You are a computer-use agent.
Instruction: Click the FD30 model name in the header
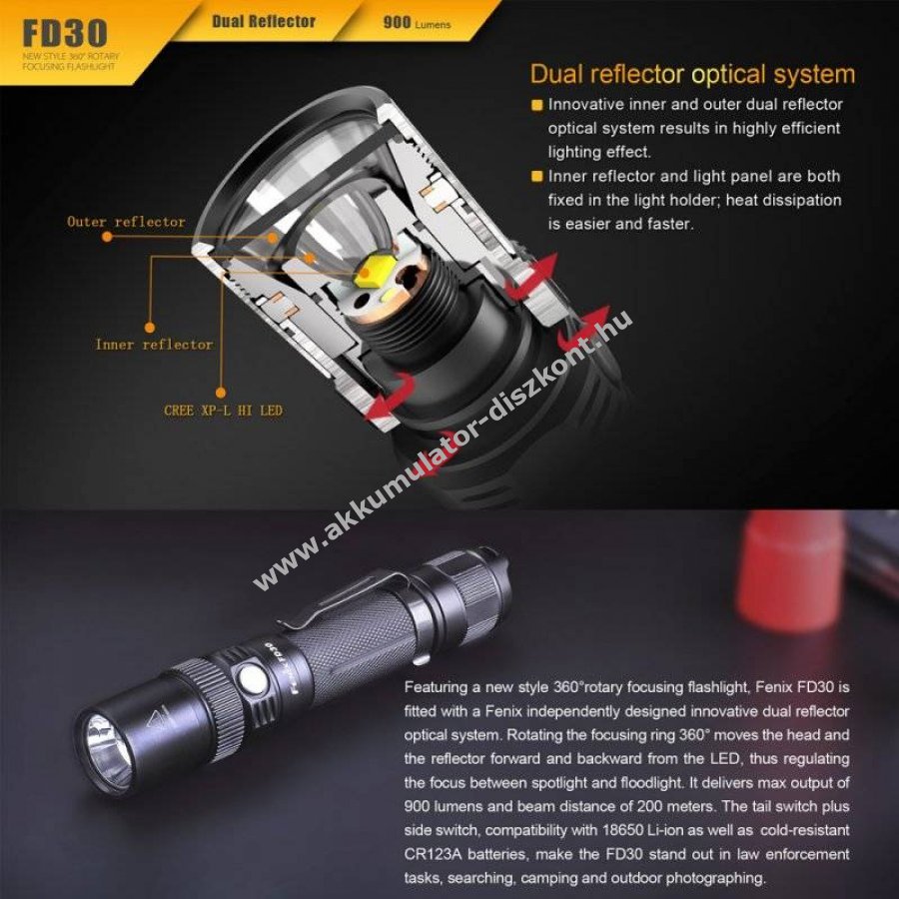click(x=65, y=33)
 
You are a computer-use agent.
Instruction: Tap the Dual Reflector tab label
click(x=264, y=22)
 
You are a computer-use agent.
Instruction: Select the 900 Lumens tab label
click(x=417, y=23)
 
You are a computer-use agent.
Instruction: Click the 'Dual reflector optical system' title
click(x=692, y=74)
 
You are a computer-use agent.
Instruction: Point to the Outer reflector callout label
click(x=126, y=222)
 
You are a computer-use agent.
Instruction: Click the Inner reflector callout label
click(x=154, y=345)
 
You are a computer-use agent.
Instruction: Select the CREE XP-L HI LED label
click(x=223, y=411)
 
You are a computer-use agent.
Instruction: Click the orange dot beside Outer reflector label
click(x=107, y=236)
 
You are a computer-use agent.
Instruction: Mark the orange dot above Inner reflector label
click(x=150, y=328)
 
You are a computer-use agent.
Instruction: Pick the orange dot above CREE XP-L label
click(x=221, y=393)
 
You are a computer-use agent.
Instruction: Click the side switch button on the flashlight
click(x=253, y=679)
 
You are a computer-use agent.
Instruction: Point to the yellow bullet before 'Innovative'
click(x=536, y=106)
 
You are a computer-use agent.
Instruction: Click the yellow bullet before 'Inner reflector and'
click(x=536, y=177)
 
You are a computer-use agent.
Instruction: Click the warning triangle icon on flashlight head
click(x=159, y=718)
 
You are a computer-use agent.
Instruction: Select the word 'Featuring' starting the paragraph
click(x=436, y=687)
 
